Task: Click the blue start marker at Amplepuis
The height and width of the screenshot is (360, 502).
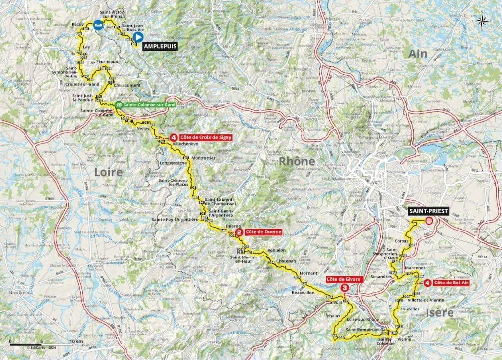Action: click(138, 36)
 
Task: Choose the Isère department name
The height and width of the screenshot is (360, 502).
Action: click(440, 312)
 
